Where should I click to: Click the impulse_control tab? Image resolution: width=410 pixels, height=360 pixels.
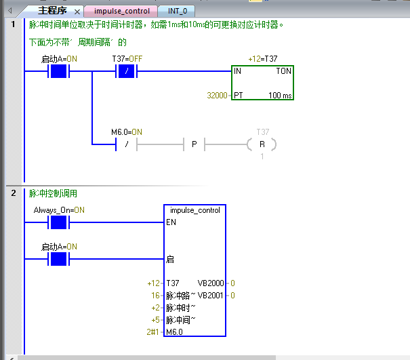[122, 12]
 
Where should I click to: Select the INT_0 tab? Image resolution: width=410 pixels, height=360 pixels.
[181, 12]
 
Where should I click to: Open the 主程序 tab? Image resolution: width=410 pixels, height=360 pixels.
[52, 12]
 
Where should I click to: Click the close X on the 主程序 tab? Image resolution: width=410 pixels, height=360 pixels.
[77, 12]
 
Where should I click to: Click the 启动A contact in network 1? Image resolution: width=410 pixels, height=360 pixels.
[59, 71]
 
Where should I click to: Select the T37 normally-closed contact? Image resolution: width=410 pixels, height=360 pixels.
[127, 71]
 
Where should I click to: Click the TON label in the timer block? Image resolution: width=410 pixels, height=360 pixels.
[283, 71]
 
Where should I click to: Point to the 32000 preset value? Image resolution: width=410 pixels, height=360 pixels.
[217, 96]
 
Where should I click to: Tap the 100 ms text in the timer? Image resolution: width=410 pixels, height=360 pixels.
[280, 96]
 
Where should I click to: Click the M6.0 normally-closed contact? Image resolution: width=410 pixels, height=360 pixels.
[127, 144]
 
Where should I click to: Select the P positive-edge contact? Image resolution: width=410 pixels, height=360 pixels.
[194, 144]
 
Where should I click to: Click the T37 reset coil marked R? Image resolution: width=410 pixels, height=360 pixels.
[262, 144]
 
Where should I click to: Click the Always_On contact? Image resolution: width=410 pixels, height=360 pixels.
[59, 222]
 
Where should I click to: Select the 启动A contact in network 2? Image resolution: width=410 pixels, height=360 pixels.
[59, 258]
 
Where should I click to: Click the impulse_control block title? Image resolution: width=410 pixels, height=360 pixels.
[195, 210]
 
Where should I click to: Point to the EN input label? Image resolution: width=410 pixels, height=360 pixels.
[170, 222]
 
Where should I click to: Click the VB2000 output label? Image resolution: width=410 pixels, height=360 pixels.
[210, 283]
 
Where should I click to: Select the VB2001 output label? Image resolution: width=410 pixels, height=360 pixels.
[210, 295]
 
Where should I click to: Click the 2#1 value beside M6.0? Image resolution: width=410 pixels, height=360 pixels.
[153, 332]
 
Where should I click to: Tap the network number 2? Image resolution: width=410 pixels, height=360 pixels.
[13, 193]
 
